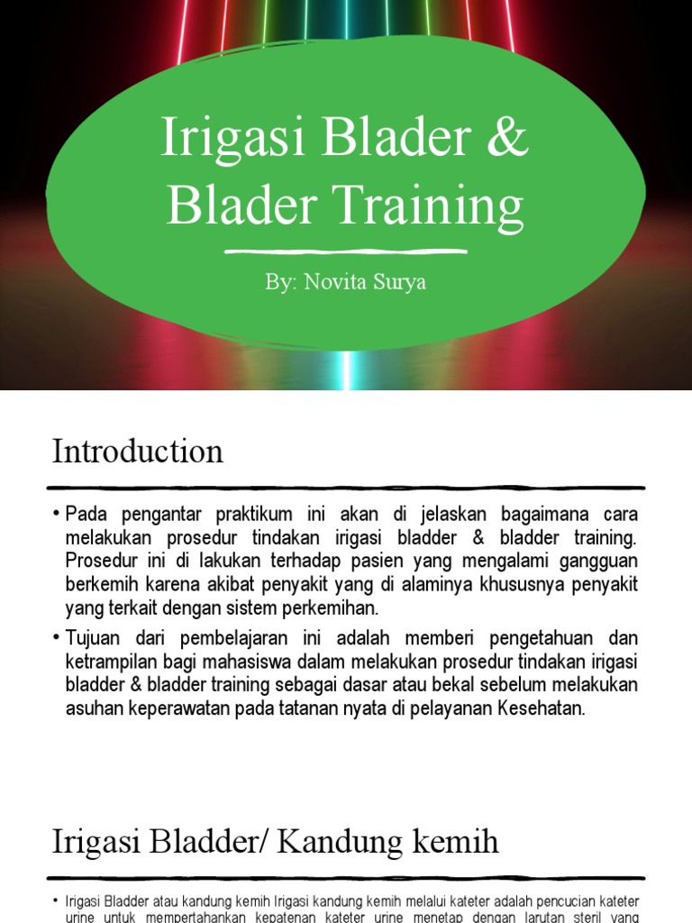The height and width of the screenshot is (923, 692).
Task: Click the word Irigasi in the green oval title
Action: pos(227,139)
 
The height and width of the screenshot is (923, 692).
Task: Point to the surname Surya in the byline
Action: pos(396,282)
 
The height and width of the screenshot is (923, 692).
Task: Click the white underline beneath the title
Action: pos(346,251)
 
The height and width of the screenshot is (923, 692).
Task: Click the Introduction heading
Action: pos(137,451)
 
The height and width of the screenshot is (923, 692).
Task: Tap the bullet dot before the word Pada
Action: pos(58,515)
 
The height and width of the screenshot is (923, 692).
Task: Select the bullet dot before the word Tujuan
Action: pos(58,639)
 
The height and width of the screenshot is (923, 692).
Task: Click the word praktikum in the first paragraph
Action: pos(254,515)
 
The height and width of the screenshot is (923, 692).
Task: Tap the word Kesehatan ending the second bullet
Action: pos(544,709)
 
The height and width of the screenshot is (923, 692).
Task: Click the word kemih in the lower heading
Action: pos(458,843)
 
